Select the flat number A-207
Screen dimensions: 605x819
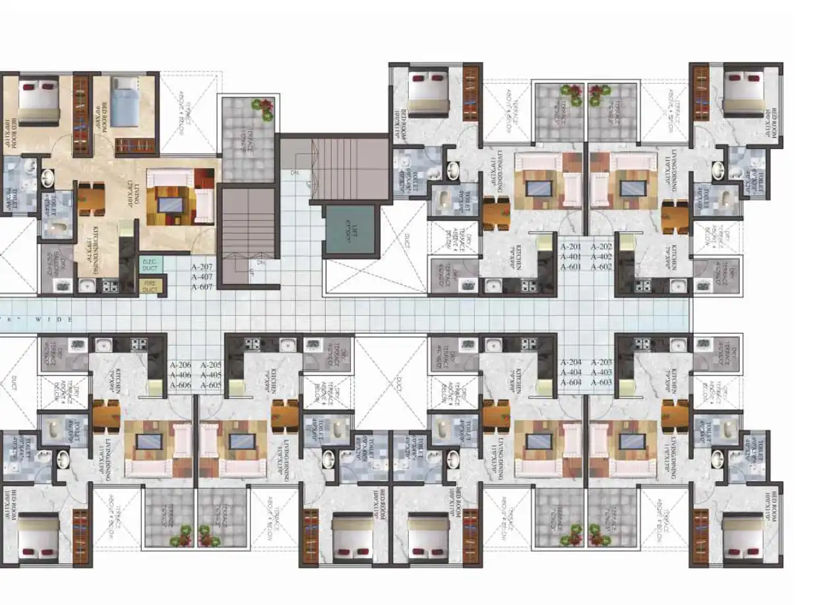pyautogui.click(x=203, y=268)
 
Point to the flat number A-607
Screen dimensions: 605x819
pyautogui.click(x=203, y=287)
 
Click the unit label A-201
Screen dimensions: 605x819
pyautogui.click(x=571, y=246)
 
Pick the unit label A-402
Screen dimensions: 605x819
pyautogui.click(x=601, y=256)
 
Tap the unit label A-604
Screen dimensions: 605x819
pyautogui.click(x=571, y=382)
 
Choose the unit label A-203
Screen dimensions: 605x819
pyautogui.click(x=601, y=362)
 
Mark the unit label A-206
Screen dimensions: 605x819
pyautogui.click(x=181, y=365)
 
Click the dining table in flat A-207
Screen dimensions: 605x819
pyautogui.click(x=92, y=198)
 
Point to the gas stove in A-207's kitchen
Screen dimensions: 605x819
pyautogui.click(x=109, y=287)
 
